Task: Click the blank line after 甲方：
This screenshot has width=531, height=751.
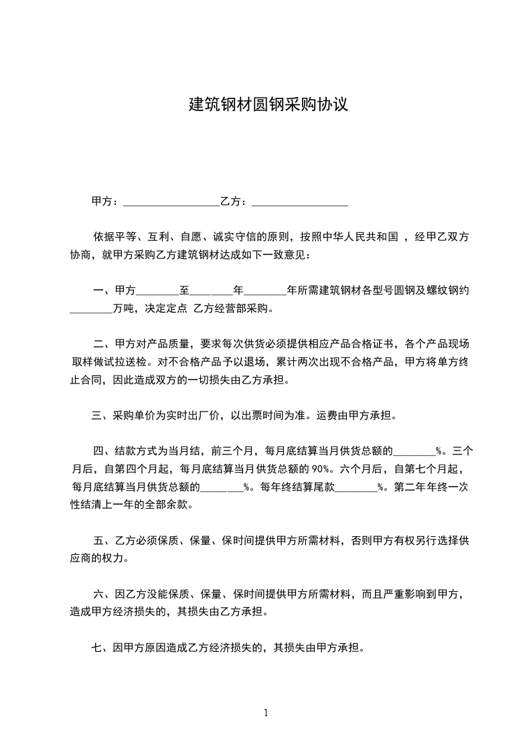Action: pos(171,201)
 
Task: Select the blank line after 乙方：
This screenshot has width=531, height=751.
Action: pos(300,201)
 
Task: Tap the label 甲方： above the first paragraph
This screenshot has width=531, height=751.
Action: pos(106,201)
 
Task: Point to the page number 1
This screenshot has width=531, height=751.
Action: pos(266,713)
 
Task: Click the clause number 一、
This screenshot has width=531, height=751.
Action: pos(102,290)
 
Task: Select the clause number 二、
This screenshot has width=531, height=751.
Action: pos(102,345)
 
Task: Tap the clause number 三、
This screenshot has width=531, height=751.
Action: pos(100,415)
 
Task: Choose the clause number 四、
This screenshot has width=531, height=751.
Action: pos(102,450)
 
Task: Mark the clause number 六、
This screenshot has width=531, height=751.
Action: pos(102,593)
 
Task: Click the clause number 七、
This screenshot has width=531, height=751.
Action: pos(100,647)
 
